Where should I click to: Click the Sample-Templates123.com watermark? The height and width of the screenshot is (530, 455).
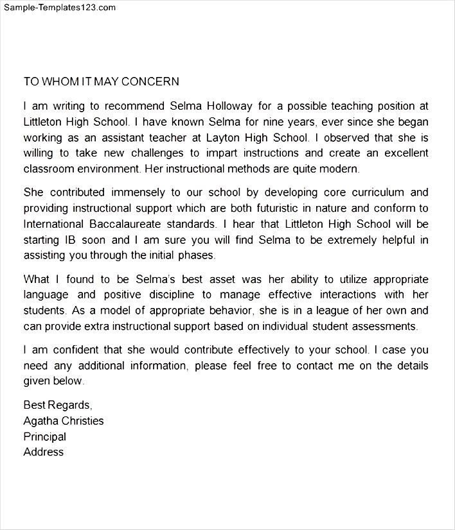click(x=59, y=8)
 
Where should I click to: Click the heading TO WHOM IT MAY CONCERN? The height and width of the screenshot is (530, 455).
click(x=101, y=81)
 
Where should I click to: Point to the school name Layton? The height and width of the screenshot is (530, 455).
click(x=224, y=137)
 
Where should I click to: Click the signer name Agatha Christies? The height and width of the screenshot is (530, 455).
click(x=64, y=421)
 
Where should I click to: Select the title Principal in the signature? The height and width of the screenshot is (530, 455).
click(x=45, y=436)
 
